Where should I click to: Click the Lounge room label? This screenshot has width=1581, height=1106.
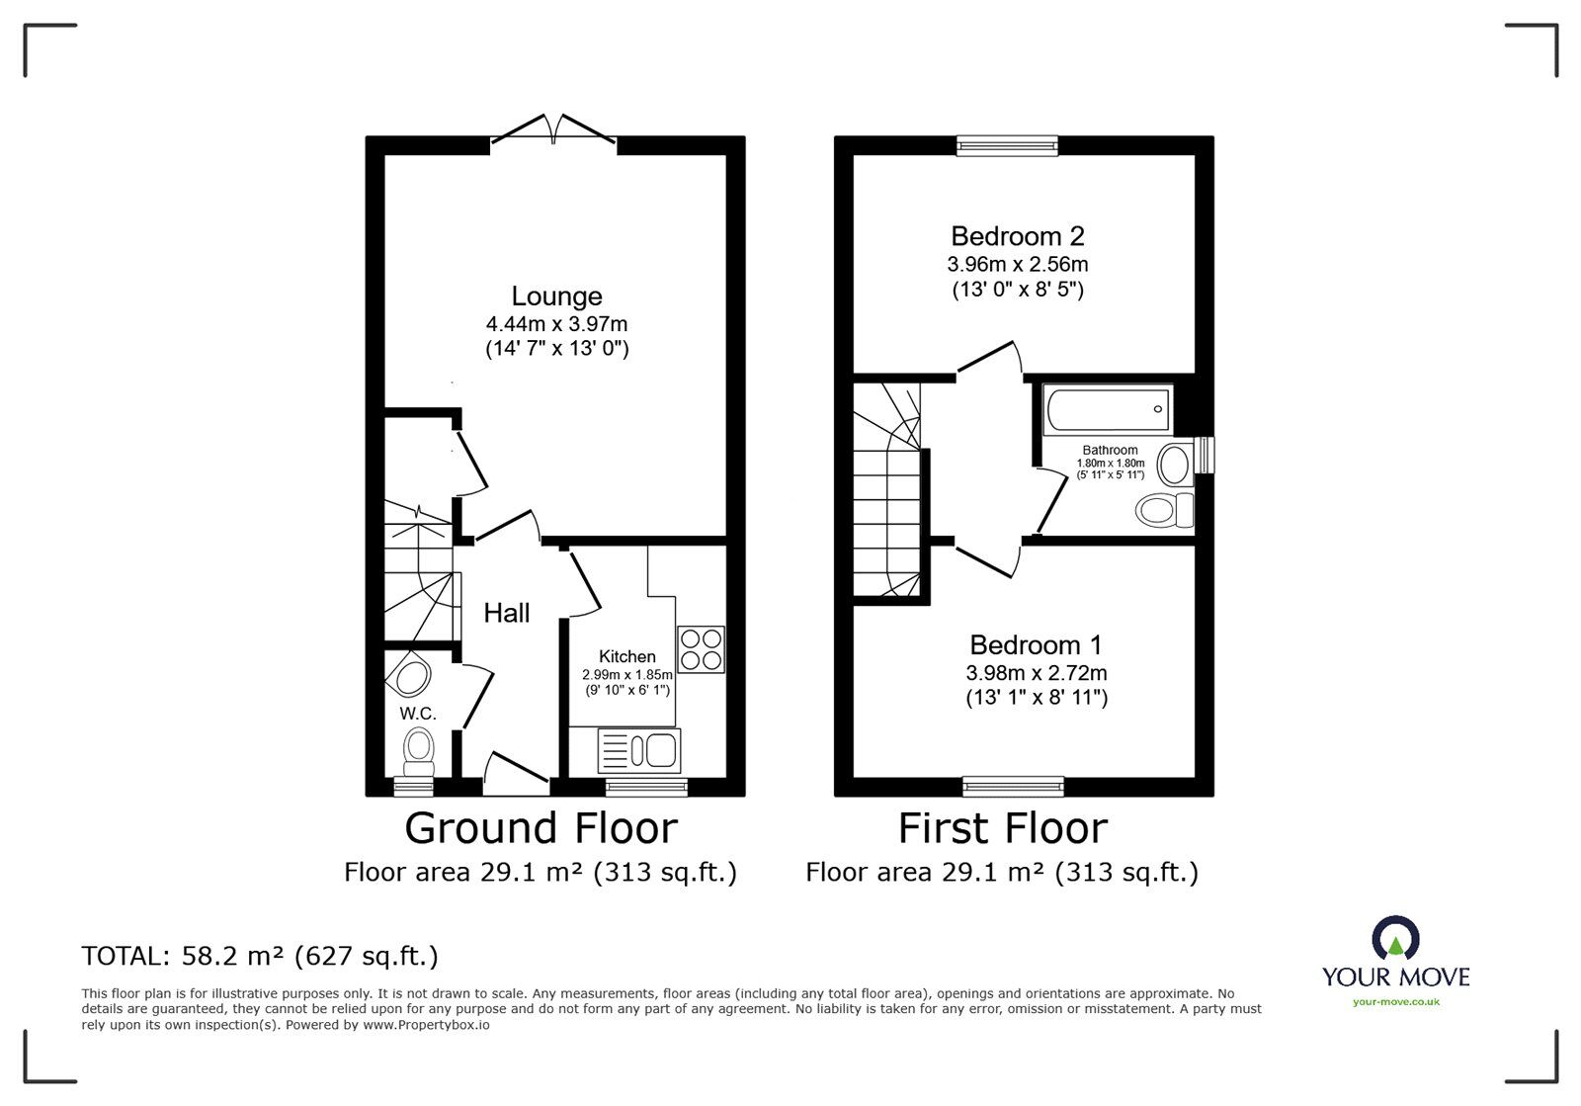coord(556,297)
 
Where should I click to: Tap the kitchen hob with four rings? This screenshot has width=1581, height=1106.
coord(701,650)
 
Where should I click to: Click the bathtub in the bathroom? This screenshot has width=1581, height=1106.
coord(1108,408)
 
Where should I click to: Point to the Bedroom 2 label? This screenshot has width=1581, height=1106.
coord(1018,236)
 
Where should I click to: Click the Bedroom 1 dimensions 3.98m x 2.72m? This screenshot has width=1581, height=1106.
coord(1036,673)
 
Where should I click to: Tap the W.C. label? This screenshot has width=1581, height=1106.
coord(418,714)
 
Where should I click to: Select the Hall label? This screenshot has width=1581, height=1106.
coord(507,613)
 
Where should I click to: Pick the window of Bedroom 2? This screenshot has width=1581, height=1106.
coord(1007,146)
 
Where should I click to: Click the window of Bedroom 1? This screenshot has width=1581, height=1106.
coord(1014,787)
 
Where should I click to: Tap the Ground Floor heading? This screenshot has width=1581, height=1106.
coord(541,828)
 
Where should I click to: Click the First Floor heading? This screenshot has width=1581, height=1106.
coord(1002,828)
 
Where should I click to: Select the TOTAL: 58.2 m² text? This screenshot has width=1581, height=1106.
coord(260,956)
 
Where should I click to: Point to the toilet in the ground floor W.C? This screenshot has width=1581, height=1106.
coord(420,752)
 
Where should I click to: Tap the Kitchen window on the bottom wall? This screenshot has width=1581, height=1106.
coord(646,787)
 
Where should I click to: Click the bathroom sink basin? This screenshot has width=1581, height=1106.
coord(1173,463)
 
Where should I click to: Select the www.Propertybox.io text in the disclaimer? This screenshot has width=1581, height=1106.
coord(426,1025)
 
